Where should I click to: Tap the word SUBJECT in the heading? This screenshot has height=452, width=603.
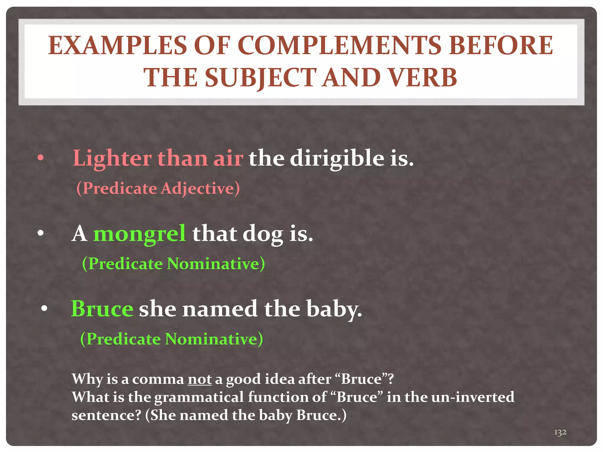(261, 78)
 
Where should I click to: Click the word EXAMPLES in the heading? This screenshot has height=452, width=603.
(117, 46)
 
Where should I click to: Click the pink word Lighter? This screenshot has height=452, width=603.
(112, 159)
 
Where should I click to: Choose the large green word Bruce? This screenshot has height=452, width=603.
(102, 309)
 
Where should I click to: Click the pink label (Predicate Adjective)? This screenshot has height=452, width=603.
(158, 188)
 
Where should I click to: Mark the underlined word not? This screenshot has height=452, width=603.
(200, 379)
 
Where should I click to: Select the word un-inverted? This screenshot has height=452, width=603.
(473, 397)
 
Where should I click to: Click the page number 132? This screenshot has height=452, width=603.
(560, 432)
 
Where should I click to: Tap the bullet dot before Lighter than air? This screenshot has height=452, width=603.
(41, 158)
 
